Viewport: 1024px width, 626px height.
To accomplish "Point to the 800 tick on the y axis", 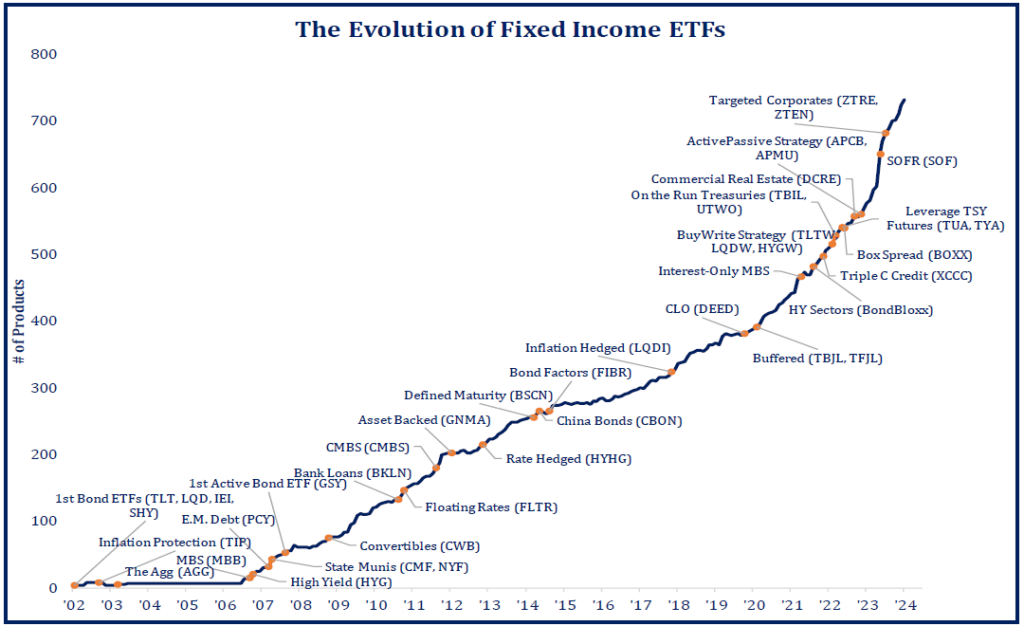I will pos(44,54).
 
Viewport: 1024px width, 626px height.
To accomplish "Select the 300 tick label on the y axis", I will pos(44,388).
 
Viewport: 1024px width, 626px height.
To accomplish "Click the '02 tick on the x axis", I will pos(74,605).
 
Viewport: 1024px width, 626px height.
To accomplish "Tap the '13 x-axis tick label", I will pos(489,605).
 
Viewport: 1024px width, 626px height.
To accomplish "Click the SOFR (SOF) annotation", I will pos(921,160).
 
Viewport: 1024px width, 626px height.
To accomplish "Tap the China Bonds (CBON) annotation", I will pos(619,421).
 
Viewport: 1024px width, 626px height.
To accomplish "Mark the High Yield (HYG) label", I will pos(341,581).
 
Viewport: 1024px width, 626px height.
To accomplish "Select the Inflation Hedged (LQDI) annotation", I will pos(597,348).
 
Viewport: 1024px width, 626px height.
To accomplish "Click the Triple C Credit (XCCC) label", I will pos(906,276).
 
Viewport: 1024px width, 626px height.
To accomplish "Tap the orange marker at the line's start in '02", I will pos(75,586).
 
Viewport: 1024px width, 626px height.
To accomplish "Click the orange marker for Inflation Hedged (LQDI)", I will pos(672,372).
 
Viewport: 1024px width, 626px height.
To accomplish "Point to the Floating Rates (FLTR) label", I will pos(491,507).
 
